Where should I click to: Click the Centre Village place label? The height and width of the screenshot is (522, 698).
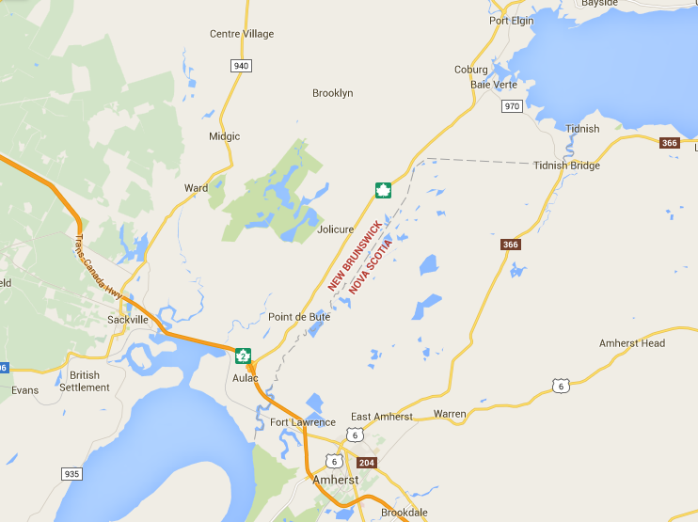[x=242, y=34]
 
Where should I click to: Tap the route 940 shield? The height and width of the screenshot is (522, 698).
[x=242, y=65]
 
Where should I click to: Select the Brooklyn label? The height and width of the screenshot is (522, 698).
[x=332, y=93]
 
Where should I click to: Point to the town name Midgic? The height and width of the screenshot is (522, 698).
[x=224, y=136]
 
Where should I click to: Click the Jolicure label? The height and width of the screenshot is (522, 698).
[x=336, y=229]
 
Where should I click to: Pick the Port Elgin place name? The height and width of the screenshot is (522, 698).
[x=512, y=20]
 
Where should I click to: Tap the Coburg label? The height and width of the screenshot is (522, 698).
[x=471, y=70]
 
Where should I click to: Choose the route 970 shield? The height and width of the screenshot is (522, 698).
[x=512, y=106]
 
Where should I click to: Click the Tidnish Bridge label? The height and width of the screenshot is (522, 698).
[x=566, y=166]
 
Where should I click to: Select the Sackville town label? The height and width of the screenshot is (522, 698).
[x=128, y=320]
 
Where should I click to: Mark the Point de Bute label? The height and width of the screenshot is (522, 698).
[x=299, y=317]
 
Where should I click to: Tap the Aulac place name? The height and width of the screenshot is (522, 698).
[x=245, y=377]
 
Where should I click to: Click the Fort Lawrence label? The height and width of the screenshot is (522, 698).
[x=302, y=422]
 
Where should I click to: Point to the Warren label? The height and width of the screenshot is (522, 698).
[x=450, y=414]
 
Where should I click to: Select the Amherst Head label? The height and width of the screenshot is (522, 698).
[x=632, y=343]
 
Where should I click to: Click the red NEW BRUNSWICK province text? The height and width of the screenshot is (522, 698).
[x=355, y=255]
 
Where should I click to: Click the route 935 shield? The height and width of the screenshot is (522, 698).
[x=71, y=473]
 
